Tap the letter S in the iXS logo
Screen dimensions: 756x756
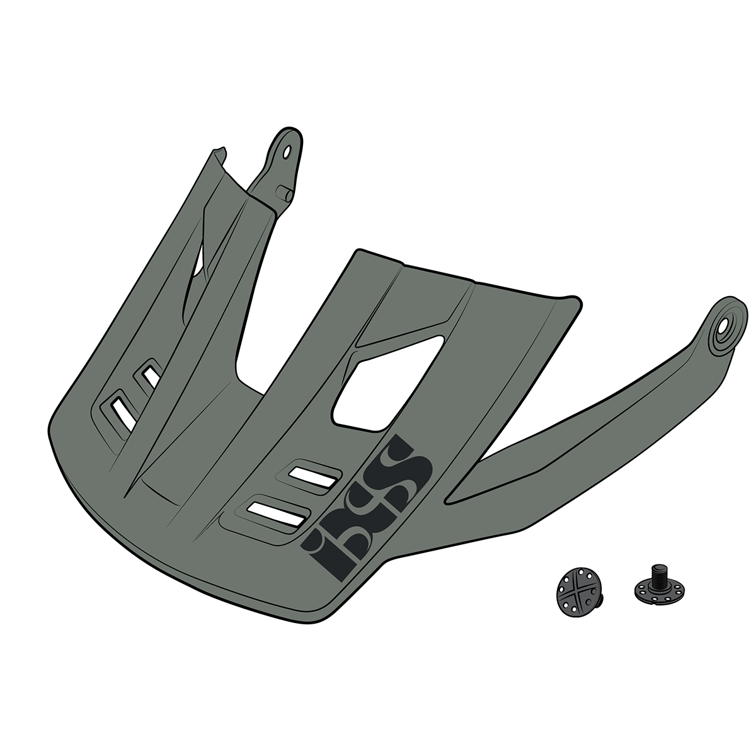403,463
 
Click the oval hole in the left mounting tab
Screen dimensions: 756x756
288,152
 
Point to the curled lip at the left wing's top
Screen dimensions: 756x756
217,152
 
